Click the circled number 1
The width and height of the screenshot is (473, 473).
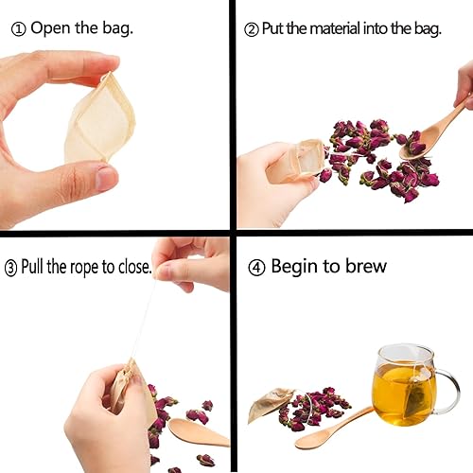tap(19, 27)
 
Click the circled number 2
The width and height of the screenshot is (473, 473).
tap(251, 29)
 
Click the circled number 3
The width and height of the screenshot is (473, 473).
tap(11, 268)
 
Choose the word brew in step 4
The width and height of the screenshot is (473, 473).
tap(364, 266)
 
